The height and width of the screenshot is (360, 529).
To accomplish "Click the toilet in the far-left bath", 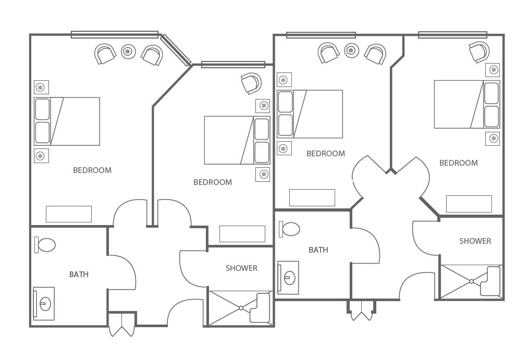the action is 45,245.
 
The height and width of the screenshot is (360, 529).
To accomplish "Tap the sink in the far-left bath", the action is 44,304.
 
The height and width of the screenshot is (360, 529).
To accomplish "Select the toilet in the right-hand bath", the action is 289,229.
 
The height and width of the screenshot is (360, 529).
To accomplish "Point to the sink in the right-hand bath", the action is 288,278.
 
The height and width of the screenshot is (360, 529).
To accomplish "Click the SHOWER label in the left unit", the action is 241,268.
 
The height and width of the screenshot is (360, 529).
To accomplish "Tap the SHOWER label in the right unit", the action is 475,241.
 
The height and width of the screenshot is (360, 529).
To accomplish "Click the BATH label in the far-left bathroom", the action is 79,275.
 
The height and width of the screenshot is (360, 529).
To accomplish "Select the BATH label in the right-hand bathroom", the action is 318,250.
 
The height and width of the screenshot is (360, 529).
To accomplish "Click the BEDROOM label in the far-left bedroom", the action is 92,170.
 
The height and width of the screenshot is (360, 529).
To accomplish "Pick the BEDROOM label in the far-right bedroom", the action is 459,163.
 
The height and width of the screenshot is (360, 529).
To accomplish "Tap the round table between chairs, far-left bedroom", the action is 128,52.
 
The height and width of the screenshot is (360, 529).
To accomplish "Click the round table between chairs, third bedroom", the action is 352,51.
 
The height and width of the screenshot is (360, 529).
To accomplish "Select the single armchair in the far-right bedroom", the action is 479,52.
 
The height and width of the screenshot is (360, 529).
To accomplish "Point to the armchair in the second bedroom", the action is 251,83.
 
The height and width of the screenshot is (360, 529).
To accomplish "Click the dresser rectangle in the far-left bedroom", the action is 69,214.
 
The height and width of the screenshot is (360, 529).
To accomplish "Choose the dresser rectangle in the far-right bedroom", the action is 469,204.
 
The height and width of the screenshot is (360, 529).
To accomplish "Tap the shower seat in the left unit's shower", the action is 260,308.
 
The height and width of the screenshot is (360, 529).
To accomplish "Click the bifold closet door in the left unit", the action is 122,325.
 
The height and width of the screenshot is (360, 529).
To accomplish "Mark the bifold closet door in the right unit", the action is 362,311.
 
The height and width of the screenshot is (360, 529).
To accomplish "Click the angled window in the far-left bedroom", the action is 176,50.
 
